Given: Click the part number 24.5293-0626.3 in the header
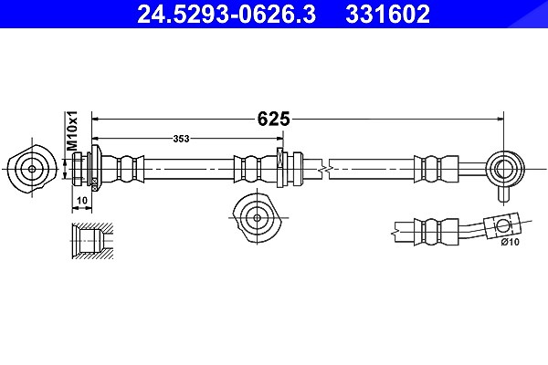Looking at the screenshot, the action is pyautogui.click(x=227, y=14).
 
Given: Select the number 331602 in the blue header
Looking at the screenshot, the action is pyautogui.click(x=387, y=14).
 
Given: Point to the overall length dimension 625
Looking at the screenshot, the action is pyautogui.click(x=274, y=119).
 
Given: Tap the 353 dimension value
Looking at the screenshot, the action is pyautogui.click(x=181, y=139).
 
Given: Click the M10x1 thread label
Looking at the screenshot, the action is pyautogui.click(x=72, y=131).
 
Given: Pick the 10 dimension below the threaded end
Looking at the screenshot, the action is pyautogui.click(x=82, y=201).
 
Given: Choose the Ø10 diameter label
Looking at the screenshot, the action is pyautogui.click(x=511, y=242).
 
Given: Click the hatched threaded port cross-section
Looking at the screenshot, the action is pyautogui.click(x=92, y=241).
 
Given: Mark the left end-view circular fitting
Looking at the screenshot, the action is pyautogui.click(x=32, y=169).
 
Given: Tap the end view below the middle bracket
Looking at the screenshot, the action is pyautogui.click(x=257, y=217).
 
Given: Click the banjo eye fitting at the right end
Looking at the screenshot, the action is pyautogui.click(x=504, y=169).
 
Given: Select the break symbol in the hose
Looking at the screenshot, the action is pyautogui.click(x=325, y=170).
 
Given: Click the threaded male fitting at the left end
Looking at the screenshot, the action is pyautogui.click(x=79, y=169).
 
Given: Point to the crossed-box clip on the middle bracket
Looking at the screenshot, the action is pyautogui.click(x=279, y=158).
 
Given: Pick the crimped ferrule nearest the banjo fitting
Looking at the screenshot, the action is pyautogui.click(x=437, y=169).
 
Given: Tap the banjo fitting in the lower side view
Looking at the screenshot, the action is pyautogui.click(x=501, y=225).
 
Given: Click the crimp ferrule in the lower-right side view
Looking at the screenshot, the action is pyautogui.click(x=437, y=232).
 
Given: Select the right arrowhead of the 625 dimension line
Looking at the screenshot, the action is pyautogui.click(x=501, y=119).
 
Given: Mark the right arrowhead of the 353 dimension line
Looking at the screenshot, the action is pyautogui.click(x=279, y=139).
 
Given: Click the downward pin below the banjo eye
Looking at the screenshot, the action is pyautogui.click(x=502, y=193).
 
